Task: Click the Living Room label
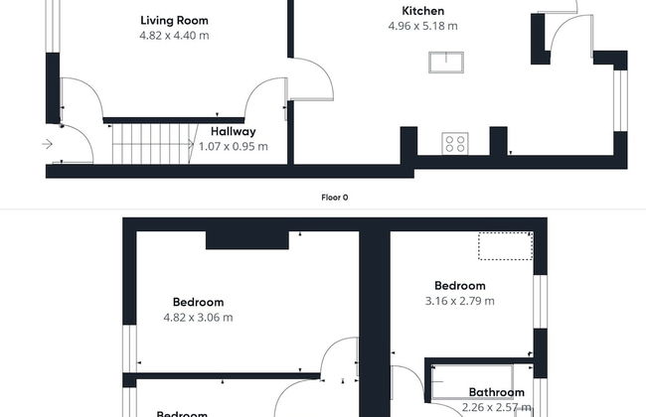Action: click(175, 20)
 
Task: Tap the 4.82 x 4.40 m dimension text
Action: click(175, 36)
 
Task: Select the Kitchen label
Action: click(422, 11)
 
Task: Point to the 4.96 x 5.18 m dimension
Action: click(422, 27)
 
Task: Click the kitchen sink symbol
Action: click(450, 62)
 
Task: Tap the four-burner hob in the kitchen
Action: click(455, 143)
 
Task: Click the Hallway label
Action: click(233, 131)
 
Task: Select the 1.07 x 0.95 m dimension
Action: click(233, 147)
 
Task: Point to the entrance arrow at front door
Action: click(48, 145)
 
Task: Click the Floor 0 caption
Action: click(335, 197)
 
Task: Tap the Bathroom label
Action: click(496, 392)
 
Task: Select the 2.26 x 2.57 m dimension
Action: click(496, 407)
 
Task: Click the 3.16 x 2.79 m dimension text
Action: click(459, 301)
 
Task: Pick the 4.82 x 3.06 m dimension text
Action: click(198, 318)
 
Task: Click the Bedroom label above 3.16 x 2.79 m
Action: click(459, 285)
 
